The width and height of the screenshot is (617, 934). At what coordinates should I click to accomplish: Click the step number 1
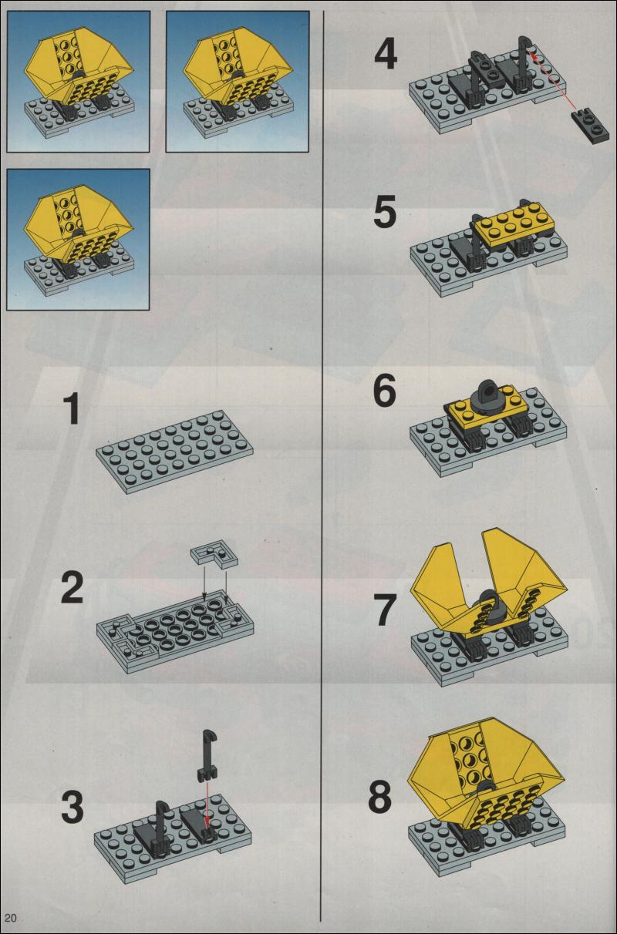pos(72,409)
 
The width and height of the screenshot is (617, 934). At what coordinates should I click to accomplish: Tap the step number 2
pos(72,588)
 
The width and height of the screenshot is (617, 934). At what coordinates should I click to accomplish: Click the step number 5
pos(385,213)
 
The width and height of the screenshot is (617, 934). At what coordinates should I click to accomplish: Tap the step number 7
pos(384,610)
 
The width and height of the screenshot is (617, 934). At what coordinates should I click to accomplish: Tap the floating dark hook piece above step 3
pos(207,754)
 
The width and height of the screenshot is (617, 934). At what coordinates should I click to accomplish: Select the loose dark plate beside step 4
pos(590,125)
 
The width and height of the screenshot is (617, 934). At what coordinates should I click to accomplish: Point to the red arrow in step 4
pos(553,80)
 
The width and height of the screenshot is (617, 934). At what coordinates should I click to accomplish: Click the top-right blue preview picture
pos(238,82)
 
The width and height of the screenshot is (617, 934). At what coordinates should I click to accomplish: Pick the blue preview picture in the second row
pos(78,240)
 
